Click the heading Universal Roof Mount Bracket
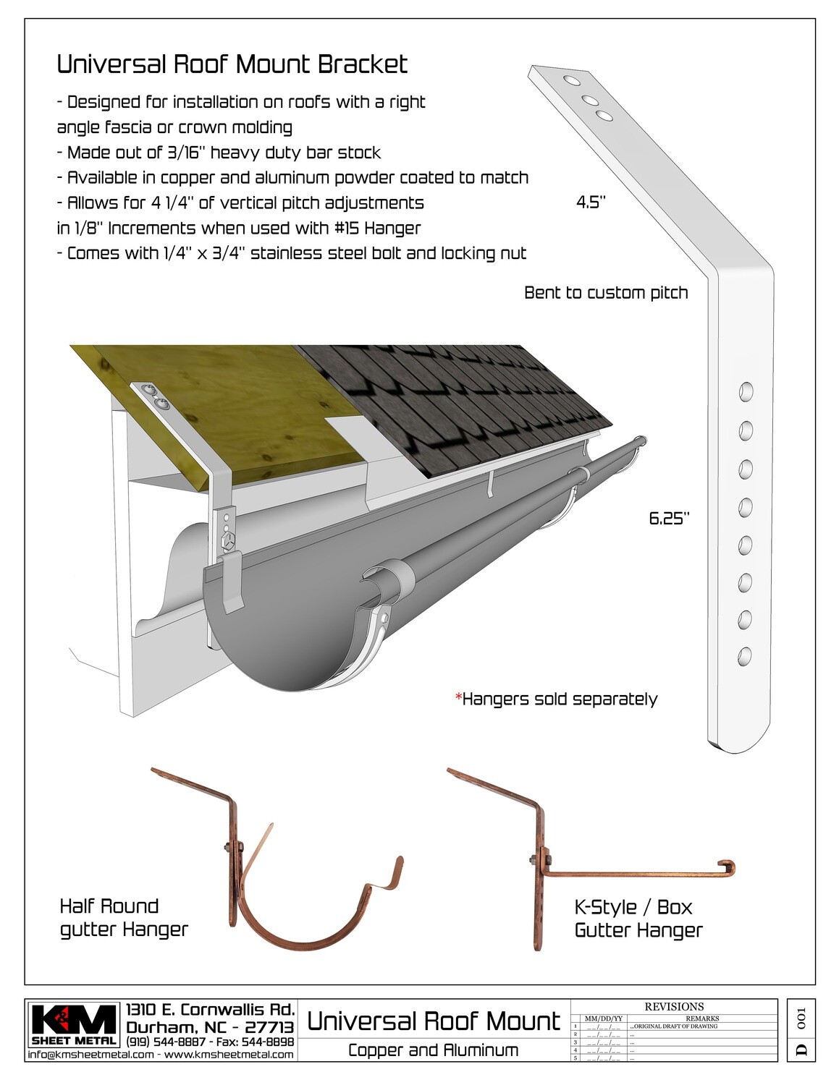[232, 64]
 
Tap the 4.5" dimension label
[590, 203]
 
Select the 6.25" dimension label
[669, 518]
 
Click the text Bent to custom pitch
[605, 293]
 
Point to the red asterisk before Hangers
[458, 698]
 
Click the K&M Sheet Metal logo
[74, 1025]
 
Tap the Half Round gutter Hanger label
[123, 917]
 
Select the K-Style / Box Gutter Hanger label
[638, 918]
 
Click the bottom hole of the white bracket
[744, 657]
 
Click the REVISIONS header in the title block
[673, 1006]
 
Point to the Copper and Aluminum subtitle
[433, 1050]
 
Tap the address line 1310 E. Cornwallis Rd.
[210, 1010]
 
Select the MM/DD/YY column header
[602, 1018]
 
